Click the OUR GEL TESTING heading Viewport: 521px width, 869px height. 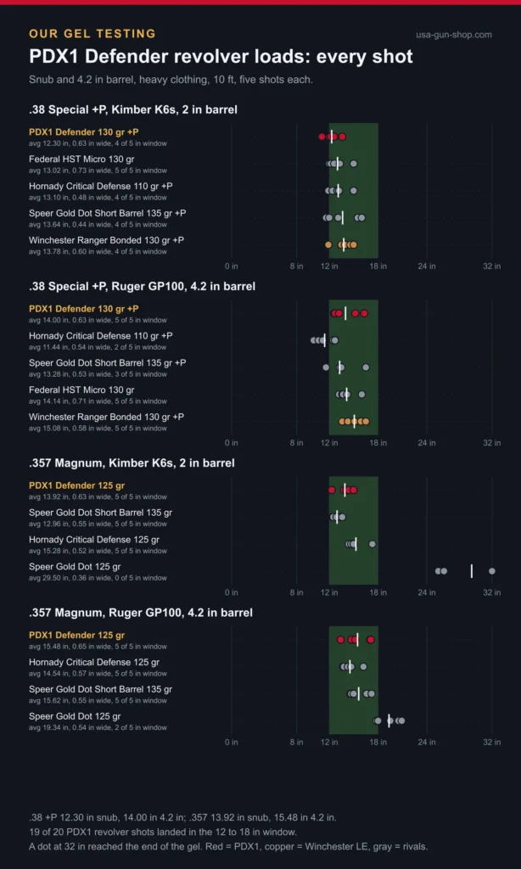tap(92, 34)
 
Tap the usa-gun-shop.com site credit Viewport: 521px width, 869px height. tap(454, 35)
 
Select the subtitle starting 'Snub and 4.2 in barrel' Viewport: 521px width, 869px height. tap(171, 79)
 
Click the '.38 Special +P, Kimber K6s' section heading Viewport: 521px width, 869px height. tap(133, 109)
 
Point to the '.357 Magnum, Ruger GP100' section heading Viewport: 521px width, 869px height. tap(141, 613)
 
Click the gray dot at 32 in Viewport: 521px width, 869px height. tap(491, 571)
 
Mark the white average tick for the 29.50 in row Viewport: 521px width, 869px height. tap(471, 571)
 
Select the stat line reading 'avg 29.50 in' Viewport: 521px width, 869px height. tap(98, 578)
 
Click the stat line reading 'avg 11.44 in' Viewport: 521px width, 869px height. tap(98, 347)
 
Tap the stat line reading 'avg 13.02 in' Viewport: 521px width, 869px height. tap(98, 171)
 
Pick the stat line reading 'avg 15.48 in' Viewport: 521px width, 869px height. tap(98, 647)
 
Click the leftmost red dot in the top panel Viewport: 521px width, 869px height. tap(322, 137)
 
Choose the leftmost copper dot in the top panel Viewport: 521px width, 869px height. tap(328, 244)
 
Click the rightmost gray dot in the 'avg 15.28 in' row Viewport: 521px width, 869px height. tap(373, 544)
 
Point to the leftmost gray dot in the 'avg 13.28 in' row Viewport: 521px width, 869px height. tap(326, 367)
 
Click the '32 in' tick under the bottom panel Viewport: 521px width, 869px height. tap(491, 743)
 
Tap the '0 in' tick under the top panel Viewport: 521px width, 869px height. tap(232, 266)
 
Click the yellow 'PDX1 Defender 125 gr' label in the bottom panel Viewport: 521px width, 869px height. tap(77, 635)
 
